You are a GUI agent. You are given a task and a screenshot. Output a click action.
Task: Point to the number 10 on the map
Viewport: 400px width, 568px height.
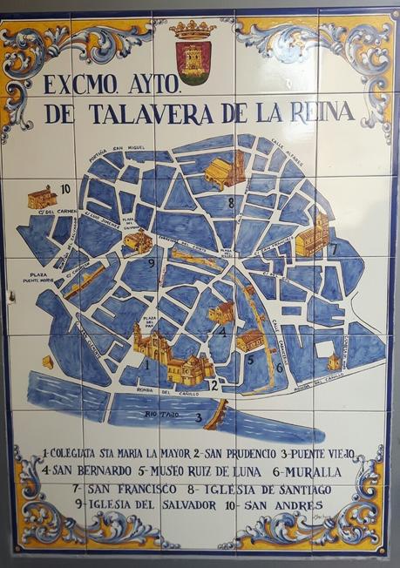(64, 188)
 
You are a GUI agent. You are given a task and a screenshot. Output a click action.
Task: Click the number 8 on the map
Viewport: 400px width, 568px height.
(231, 203)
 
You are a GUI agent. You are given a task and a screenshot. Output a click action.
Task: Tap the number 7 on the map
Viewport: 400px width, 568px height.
(332, 248)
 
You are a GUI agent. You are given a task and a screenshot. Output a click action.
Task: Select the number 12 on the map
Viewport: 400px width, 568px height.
(212, 384)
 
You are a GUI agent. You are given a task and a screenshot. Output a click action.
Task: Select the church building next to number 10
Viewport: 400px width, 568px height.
(41, 197)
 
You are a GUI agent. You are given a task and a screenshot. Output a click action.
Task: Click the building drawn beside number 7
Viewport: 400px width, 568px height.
(311, 234)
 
